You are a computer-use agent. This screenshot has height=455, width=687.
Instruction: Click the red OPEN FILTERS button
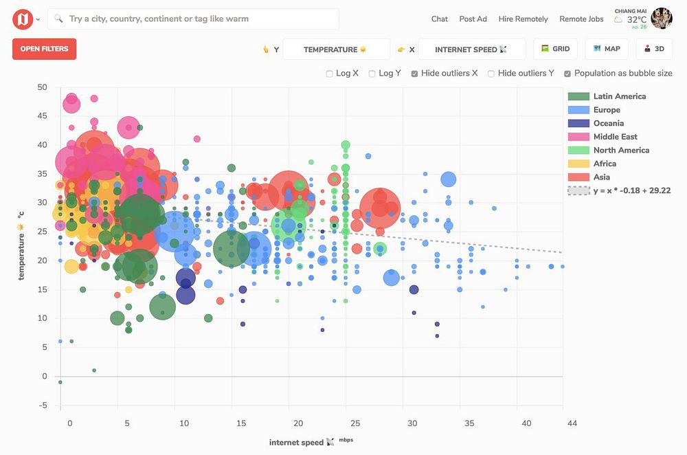click(44, 49)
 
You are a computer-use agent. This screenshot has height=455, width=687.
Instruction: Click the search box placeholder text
click(159, 19)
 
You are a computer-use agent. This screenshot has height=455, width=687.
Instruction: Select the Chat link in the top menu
click(440, 19)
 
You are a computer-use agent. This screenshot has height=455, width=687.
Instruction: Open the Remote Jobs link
click(581, 19)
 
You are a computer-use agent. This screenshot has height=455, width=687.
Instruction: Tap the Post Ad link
click(473, 19)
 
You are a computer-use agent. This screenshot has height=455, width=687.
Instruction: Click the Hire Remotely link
click(523, 19)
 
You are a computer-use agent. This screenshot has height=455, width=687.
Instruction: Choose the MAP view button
click(607, 49)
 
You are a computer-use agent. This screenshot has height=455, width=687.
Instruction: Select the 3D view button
click(653, 49)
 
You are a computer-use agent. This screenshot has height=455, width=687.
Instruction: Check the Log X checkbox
click(330, 74)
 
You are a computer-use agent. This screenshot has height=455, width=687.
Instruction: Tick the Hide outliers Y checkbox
click(492, 74)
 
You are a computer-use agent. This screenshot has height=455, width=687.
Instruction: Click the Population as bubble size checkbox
click(567, 74)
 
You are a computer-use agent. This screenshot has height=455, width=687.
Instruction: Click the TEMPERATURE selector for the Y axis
click(336, 49)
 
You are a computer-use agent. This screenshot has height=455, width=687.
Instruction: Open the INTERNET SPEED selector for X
click(471, 49)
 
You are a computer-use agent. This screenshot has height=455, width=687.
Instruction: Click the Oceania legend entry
click(609, 123)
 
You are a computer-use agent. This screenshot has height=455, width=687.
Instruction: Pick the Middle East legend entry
click(616, 137)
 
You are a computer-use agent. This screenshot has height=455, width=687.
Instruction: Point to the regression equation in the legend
click(631, 190)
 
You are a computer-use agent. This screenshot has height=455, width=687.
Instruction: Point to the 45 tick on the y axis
click(42, 116)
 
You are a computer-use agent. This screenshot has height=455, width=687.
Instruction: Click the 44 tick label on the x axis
click(572, 423)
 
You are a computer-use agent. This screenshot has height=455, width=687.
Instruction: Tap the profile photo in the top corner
click(662, 19)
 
